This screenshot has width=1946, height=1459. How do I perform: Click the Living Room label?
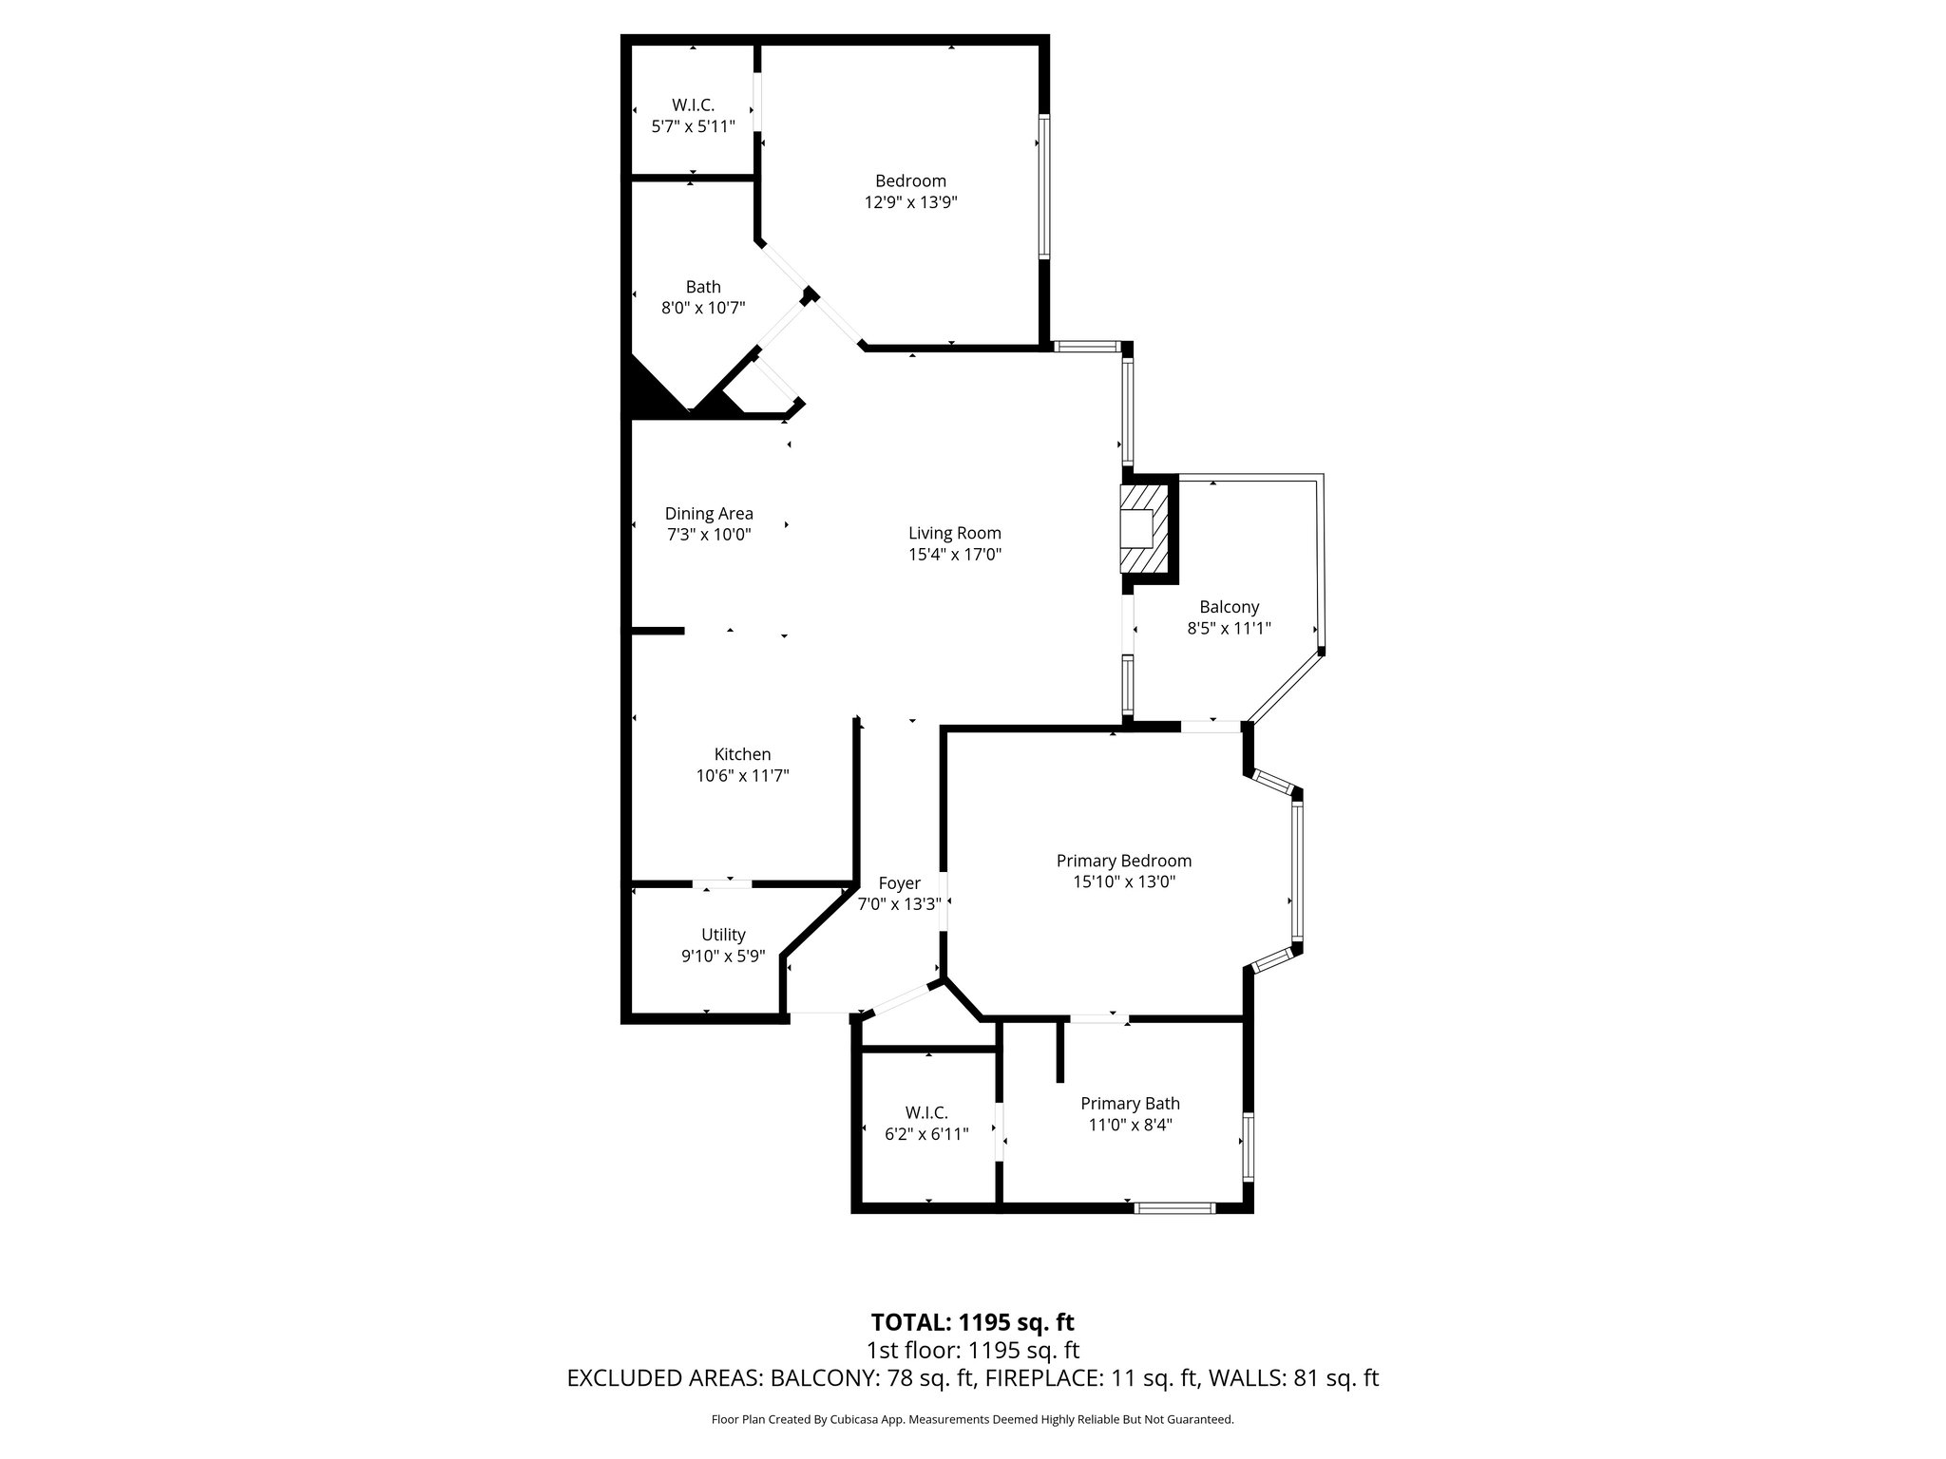coord(954,533)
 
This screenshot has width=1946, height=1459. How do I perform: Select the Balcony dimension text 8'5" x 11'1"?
coord(1229,628)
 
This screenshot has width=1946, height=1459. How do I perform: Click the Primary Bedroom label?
coord(1123,861)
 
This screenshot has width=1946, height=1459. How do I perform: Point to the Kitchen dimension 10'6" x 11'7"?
coord(742,776)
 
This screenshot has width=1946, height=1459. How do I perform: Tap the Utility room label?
coord(723,935)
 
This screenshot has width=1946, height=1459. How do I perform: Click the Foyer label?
coord(899,883)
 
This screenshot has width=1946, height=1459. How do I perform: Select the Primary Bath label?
coord(1130,1104)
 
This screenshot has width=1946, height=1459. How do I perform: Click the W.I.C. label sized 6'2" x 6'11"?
coord(925,1112)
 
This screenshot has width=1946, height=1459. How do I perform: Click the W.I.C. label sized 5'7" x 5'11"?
coord(693,105)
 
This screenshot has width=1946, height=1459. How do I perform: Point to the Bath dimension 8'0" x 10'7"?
coord(703,308)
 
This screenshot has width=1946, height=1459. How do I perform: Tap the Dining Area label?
coord(709,514)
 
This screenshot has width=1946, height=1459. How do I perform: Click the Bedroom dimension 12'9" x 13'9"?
coord(910,202)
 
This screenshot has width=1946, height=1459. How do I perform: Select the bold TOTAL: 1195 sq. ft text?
coord(972,1322)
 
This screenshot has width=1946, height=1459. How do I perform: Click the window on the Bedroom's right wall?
coord(1043,186)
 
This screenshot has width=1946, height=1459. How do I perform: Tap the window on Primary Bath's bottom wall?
coord(1175,1208)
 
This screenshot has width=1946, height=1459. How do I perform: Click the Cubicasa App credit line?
coord(972,1420)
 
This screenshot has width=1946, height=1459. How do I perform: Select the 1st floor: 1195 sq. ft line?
coord(972,1351)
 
